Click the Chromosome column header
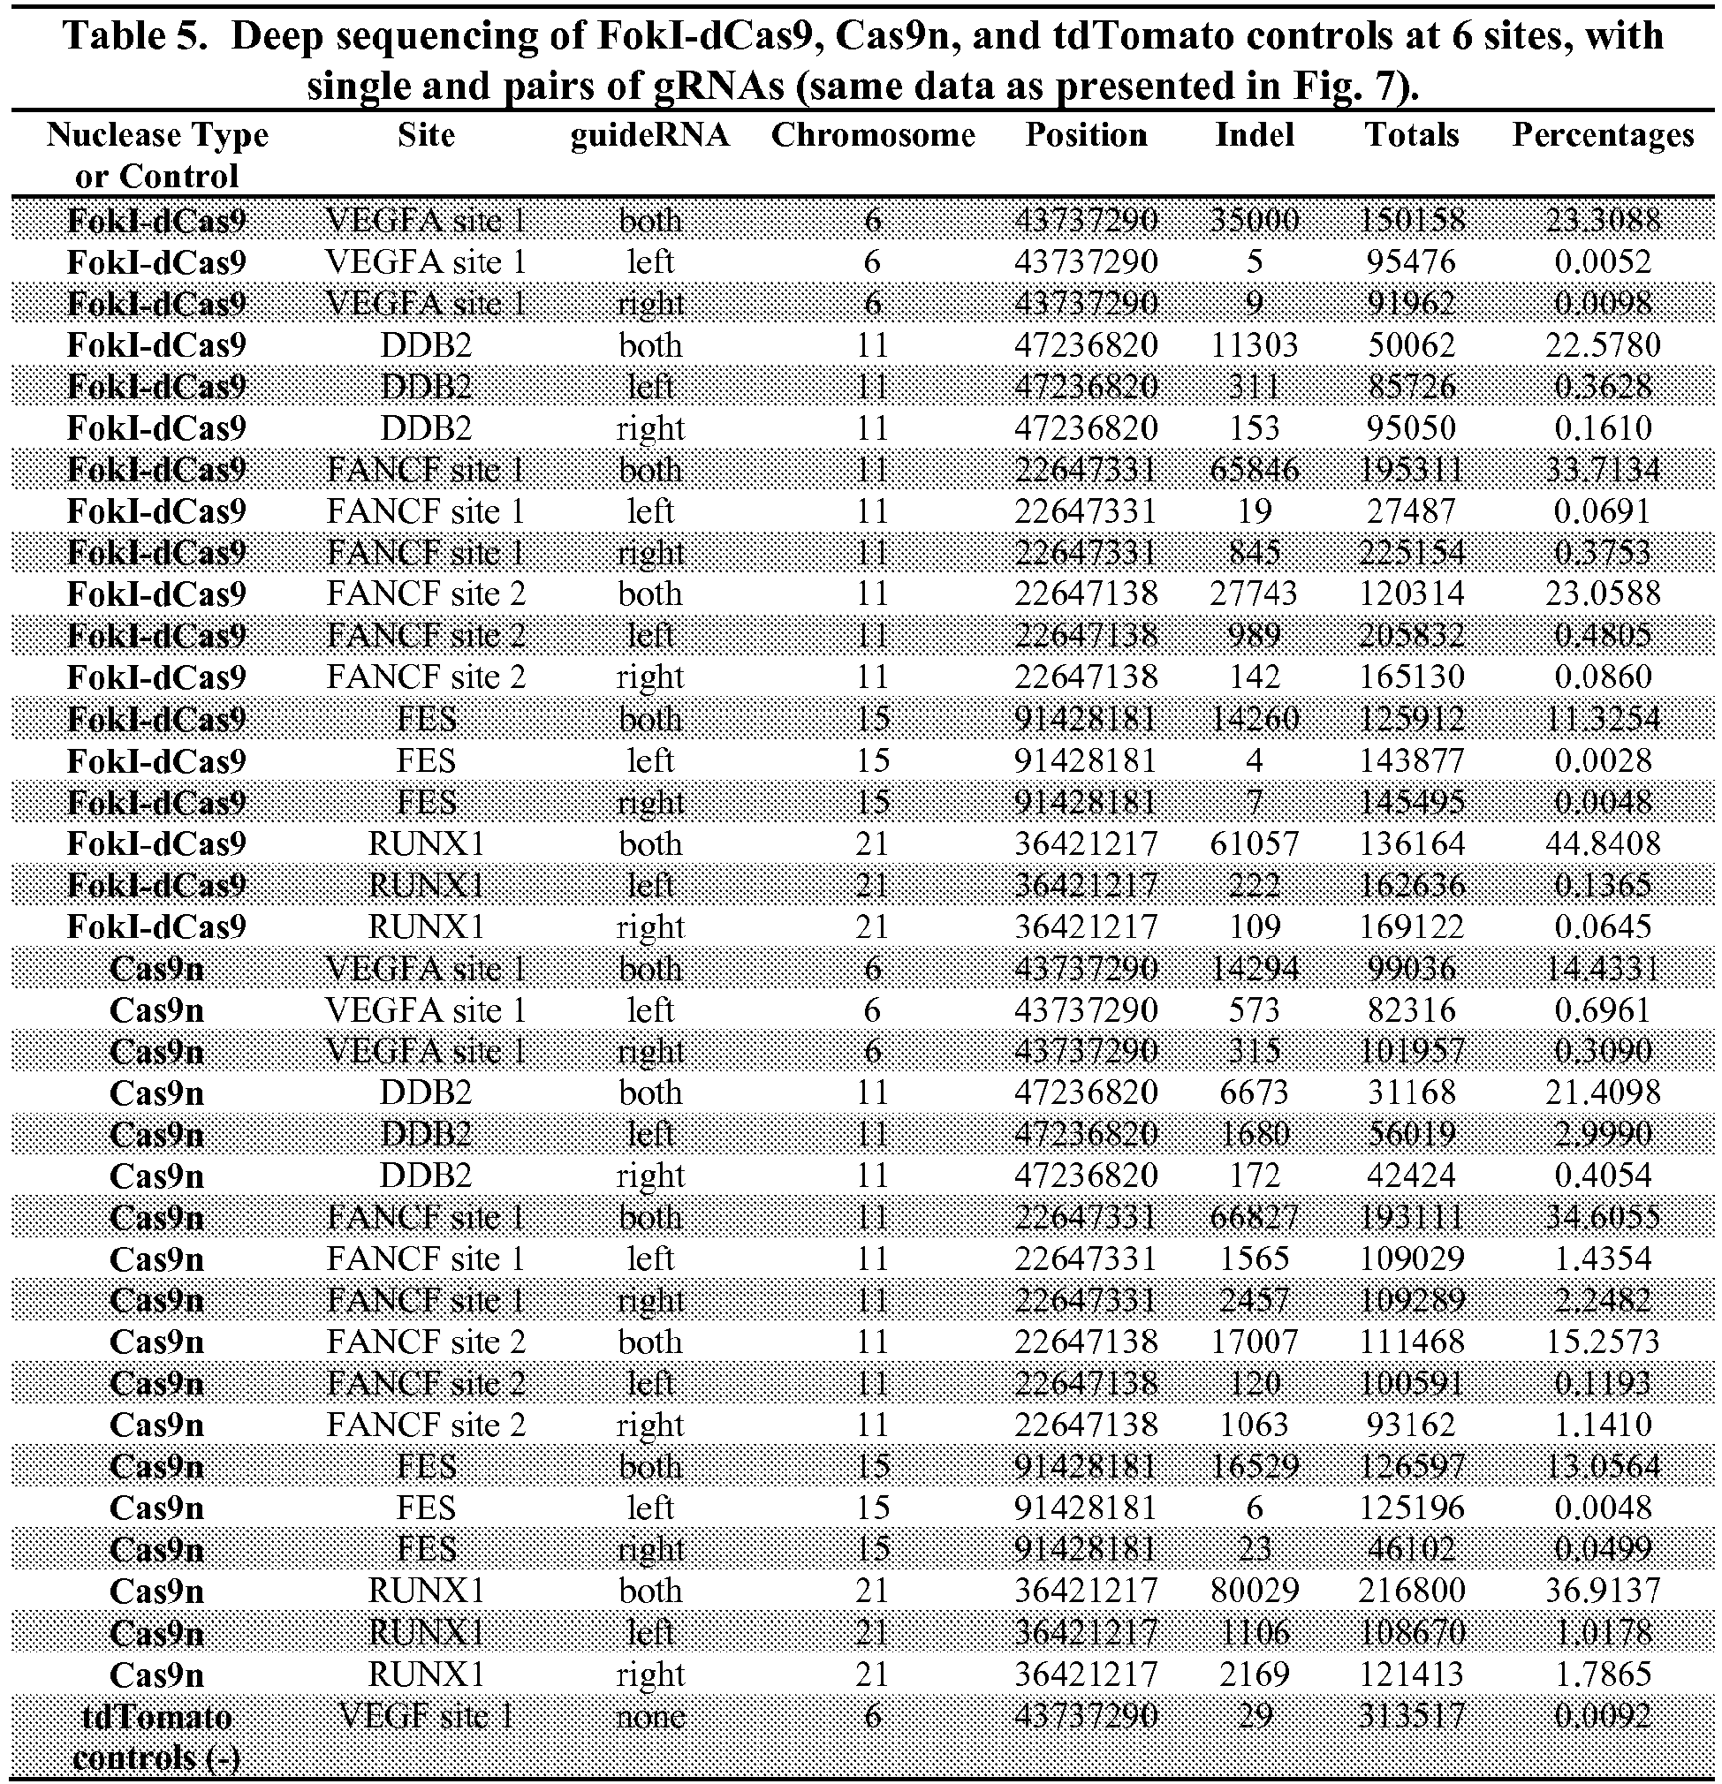tap(872, 135)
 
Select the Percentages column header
tap(1602, 135)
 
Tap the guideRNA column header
tap(649, 135)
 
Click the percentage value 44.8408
tap(1602, 843)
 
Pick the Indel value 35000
tap(1254, 220)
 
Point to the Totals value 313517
tap(1412, 1716)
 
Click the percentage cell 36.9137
tap(1602, 1591)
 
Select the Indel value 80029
tap(1254, 1591)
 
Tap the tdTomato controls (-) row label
tap(156, 1735)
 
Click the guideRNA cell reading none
tap(649, 1716)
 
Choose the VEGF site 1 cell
tap(425, 1716)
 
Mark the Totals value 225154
tap(1412, 553)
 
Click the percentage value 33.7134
tap(1602, 470)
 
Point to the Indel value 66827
tap(1254, 1217)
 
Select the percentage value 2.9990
tap(1602, 1134)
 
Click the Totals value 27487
tap(1412, 511)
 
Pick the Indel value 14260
tap(1254, 719)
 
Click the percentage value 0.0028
tap(1602, 760)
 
